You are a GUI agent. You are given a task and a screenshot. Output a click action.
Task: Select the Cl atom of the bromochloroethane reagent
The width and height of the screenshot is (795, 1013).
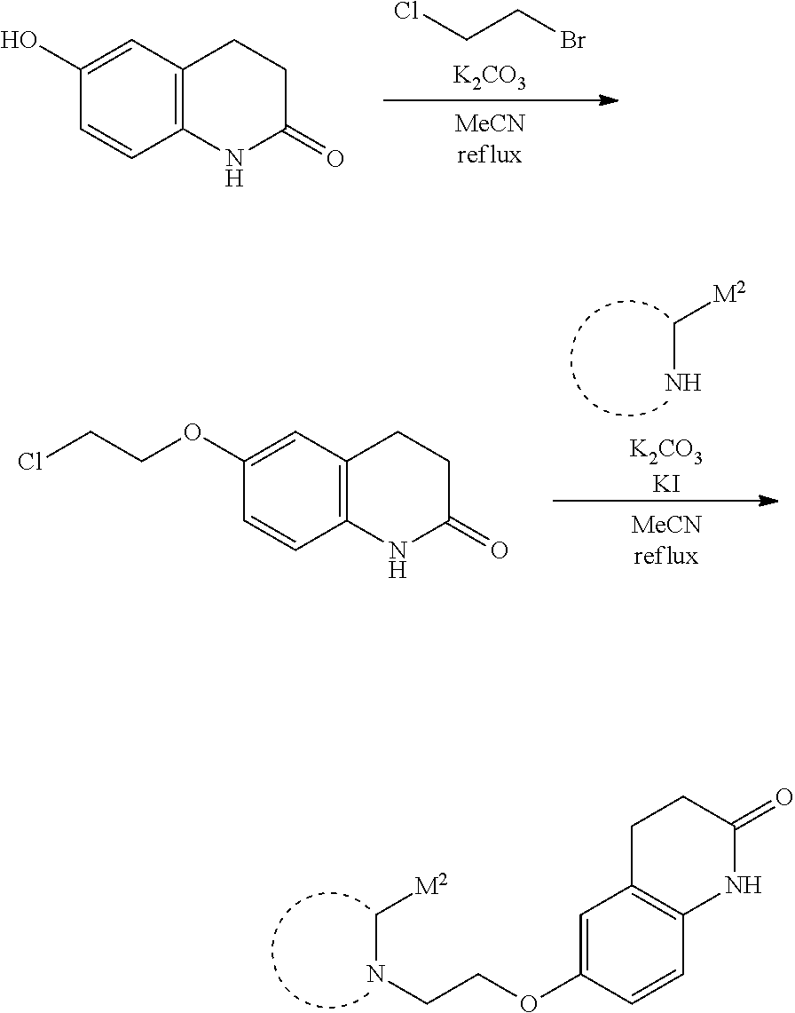coord(406,12)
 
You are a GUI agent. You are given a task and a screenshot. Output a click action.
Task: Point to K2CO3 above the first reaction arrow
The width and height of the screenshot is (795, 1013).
coord(489,78)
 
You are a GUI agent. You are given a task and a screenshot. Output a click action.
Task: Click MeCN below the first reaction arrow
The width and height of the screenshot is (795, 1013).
coord(490,123)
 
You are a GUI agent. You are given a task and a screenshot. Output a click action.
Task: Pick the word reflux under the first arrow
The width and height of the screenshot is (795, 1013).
coord(490,155)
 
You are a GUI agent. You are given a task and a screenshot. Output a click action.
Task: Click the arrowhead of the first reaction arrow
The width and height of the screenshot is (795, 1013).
coord(609,100)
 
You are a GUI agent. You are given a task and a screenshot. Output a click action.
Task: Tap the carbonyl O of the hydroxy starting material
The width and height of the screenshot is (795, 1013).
coord(335,158)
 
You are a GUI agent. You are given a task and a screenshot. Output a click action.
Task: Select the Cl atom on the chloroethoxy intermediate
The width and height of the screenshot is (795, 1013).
coord(30,462)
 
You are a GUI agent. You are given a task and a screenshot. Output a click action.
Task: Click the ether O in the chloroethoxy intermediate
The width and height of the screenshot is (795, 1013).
coord(193,431)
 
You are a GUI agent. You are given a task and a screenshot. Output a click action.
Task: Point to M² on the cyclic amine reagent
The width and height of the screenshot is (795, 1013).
coord(728,297)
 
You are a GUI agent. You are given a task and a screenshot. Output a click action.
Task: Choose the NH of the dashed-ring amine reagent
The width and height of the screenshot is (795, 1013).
coord(683,383)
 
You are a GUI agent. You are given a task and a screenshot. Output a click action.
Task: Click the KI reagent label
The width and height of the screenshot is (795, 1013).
coord(665,483)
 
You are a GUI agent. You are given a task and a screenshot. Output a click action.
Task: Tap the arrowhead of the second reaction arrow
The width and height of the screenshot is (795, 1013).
coord(768,501)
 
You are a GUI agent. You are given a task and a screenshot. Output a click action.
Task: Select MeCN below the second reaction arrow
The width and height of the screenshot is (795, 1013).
coord(665,525)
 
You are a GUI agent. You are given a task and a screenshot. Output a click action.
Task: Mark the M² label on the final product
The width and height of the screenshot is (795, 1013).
coord(430,886)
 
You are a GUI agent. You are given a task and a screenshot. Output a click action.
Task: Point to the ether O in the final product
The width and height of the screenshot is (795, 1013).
coord(529,1002)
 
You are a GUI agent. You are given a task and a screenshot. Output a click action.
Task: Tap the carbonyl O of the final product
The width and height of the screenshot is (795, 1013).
coord(784,796)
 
